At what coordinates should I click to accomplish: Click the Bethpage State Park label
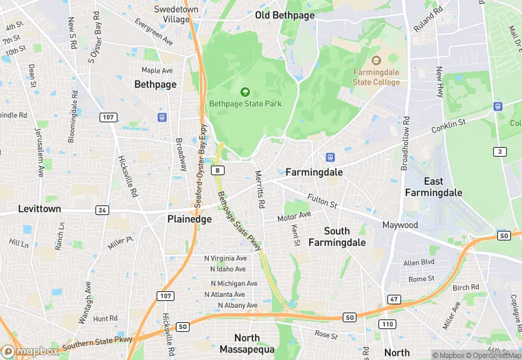(x=245, y=104)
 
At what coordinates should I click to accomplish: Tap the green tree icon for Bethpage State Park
(x=245, y=91)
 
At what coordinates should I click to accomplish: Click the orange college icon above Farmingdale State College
(x=376, y=61)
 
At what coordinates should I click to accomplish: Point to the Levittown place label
(x=39, y=208)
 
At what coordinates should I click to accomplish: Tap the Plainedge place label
(x=190, y=218)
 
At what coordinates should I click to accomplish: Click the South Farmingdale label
(x=337, y=236)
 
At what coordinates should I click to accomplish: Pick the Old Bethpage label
(x=284, y=15)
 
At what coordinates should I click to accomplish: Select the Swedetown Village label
(x=170, y=14)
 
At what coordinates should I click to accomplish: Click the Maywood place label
(x=400, y=225)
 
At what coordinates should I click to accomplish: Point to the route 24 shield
(x=102, y=210)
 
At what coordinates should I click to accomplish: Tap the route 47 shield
(x=394, y=300)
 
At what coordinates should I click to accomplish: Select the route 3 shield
(x=500, y=151)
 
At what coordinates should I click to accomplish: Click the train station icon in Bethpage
(x=162, y=117)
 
